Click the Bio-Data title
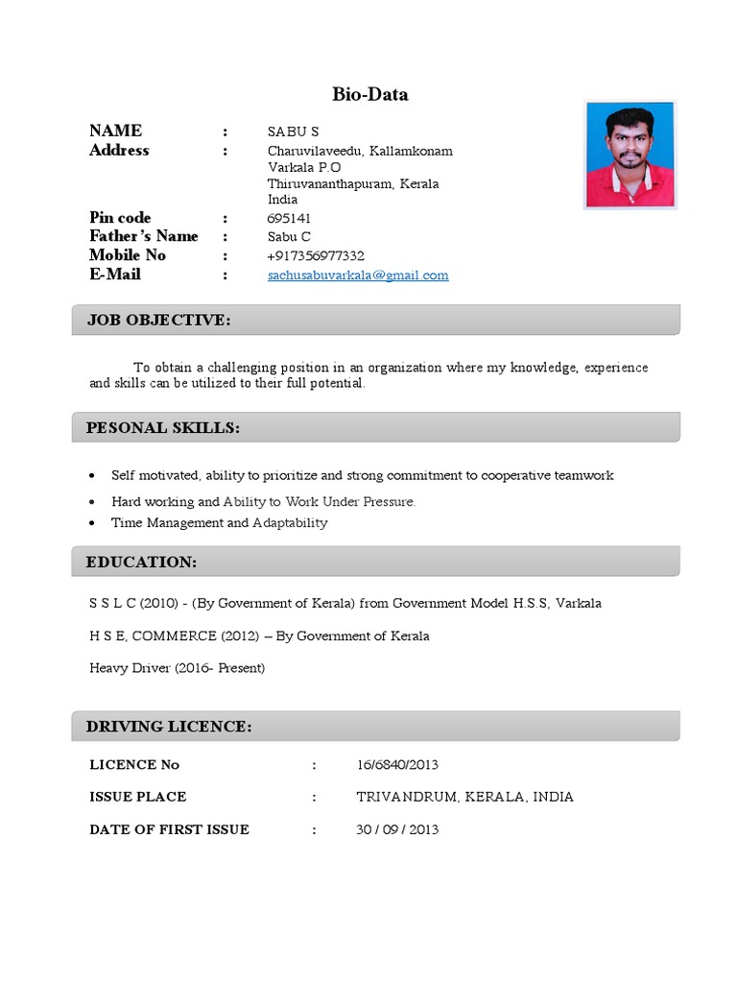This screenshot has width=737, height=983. tap(370, 94)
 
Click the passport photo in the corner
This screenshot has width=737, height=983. tap(630, 154)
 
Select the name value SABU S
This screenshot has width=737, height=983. tap(294, 132)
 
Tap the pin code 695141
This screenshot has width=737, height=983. tap(289, 218)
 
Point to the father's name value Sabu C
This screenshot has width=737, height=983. tap(289, 237)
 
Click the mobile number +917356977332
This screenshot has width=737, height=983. tap(316, 255)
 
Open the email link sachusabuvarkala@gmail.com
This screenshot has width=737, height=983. tap(358, 276)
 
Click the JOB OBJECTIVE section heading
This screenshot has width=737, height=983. tap(159, 320)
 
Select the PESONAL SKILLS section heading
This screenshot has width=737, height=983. tap(163, 427)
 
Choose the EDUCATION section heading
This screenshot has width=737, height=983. tap(142, 562)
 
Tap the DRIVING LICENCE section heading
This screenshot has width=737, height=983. tap(169, 727)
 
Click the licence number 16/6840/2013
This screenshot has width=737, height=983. tap(397, 765)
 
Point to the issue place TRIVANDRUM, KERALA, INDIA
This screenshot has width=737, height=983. tap(464, 797)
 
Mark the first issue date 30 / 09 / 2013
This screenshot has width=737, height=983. tap(397, 829)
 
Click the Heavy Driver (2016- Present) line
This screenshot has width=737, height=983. tap(177, 667)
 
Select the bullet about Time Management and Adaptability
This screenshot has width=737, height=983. tap(219, 523)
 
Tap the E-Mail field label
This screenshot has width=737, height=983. tap(115, 275)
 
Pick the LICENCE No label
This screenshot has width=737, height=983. tap(134, 765)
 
